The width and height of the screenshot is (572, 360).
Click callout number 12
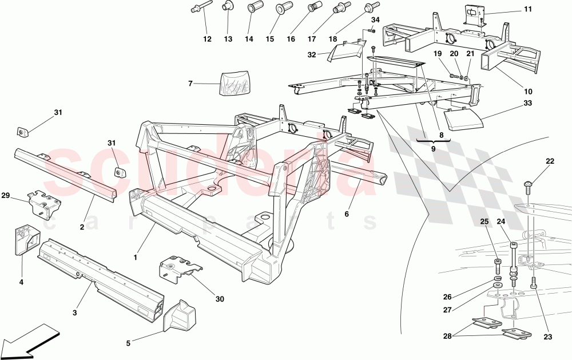207,39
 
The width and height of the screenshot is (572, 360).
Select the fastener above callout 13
227,8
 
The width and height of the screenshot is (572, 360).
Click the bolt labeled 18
368,8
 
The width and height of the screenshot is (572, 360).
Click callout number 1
136,258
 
